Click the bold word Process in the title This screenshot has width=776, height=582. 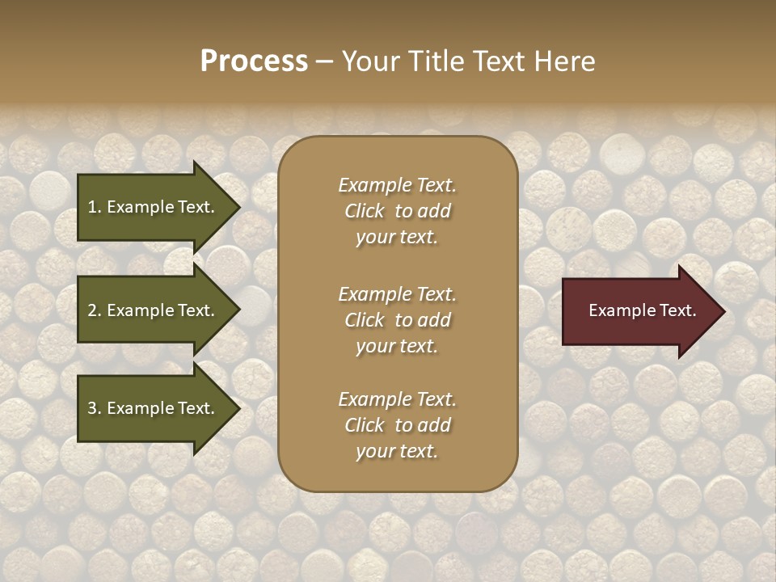(x=254, y=61)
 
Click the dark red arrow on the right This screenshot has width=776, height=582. (x=639, y=311)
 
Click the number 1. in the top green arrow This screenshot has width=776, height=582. (x=95, y=207)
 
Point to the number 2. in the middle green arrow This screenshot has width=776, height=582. (x=95, y=310)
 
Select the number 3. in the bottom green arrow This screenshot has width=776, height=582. (x=95, y=408)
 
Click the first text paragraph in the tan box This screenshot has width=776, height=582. (x=397, y=211)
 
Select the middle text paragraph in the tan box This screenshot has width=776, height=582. (x=397, y=319)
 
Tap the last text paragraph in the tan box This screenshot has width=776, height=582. (x=397, y=425)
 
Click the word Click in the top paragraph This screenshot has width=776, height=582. (x=365, y=212)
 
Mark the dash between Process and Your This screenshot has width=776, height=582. (x=324, y=62)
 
